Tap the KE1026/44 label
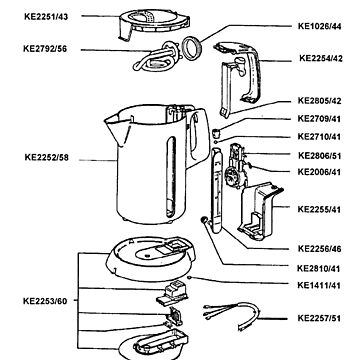click(x=319, y=26)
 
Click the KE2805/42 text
click(x=319, y=102)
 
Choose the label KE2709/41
click(x=319, y=118)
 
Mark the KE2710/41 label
click(x=319, y=135)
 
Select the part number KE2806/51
click(x=319, y=156)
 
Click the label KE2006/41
click(x=319, y=171)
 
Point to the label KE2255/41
click(x=319, y=207)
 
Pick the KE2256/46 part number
click(x=319, y=247)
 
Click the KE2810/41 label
click(x=319, y=270)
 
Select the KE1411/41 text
click(x=319, y=286)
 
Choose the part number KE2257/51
click(x=319, y=318)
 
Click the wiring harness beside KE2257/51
click(x=235, y=317)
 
